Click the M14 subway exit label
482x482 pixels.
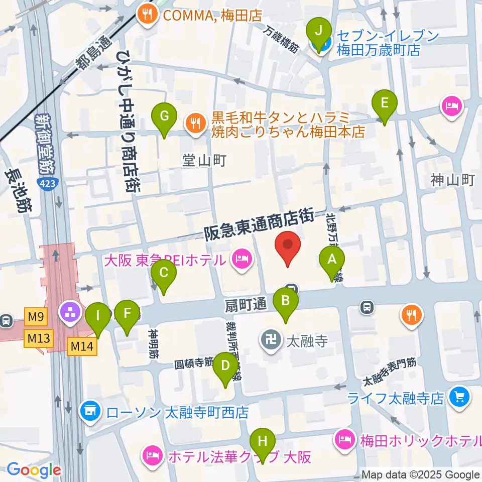click(x=81, y=346)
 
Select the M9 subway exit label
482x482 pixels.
click(x=37, y=316)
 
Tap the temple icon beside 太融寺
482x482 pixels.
click(x=272, y=342)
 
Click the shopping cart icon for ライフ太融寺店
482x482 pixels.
click(x=459, y=397)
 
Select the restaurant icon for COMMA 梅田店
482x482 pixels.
click(x=147, y=16)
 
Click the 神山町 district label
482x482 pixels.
click(x=452, y=179)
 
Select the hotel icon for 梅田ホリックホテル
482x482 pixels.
click(x=345, y=440)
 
